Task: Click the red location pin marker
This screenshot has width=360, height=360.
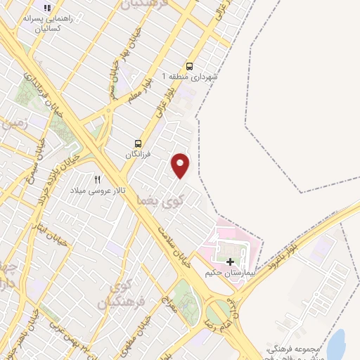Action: click(x=181, y=165)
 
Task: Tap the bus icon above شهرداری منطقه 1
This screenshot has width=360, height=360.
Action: click(x=190, y=65)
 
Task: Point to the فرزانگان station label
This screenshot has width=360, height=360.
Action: click(x=139, y=154)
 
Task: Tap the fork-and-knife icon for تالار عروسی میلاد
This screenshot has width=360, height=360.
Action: click(x=98, y=180)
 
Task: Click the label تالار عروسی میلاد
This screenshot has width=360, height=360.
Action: click(x=88, y=191)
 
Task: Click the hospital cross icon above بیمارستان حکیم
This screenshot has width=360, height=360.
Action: click(x=230, y=262)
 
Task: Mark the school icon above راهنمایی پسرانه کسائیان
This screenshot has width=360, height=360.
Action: click(x=47, y=8)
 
